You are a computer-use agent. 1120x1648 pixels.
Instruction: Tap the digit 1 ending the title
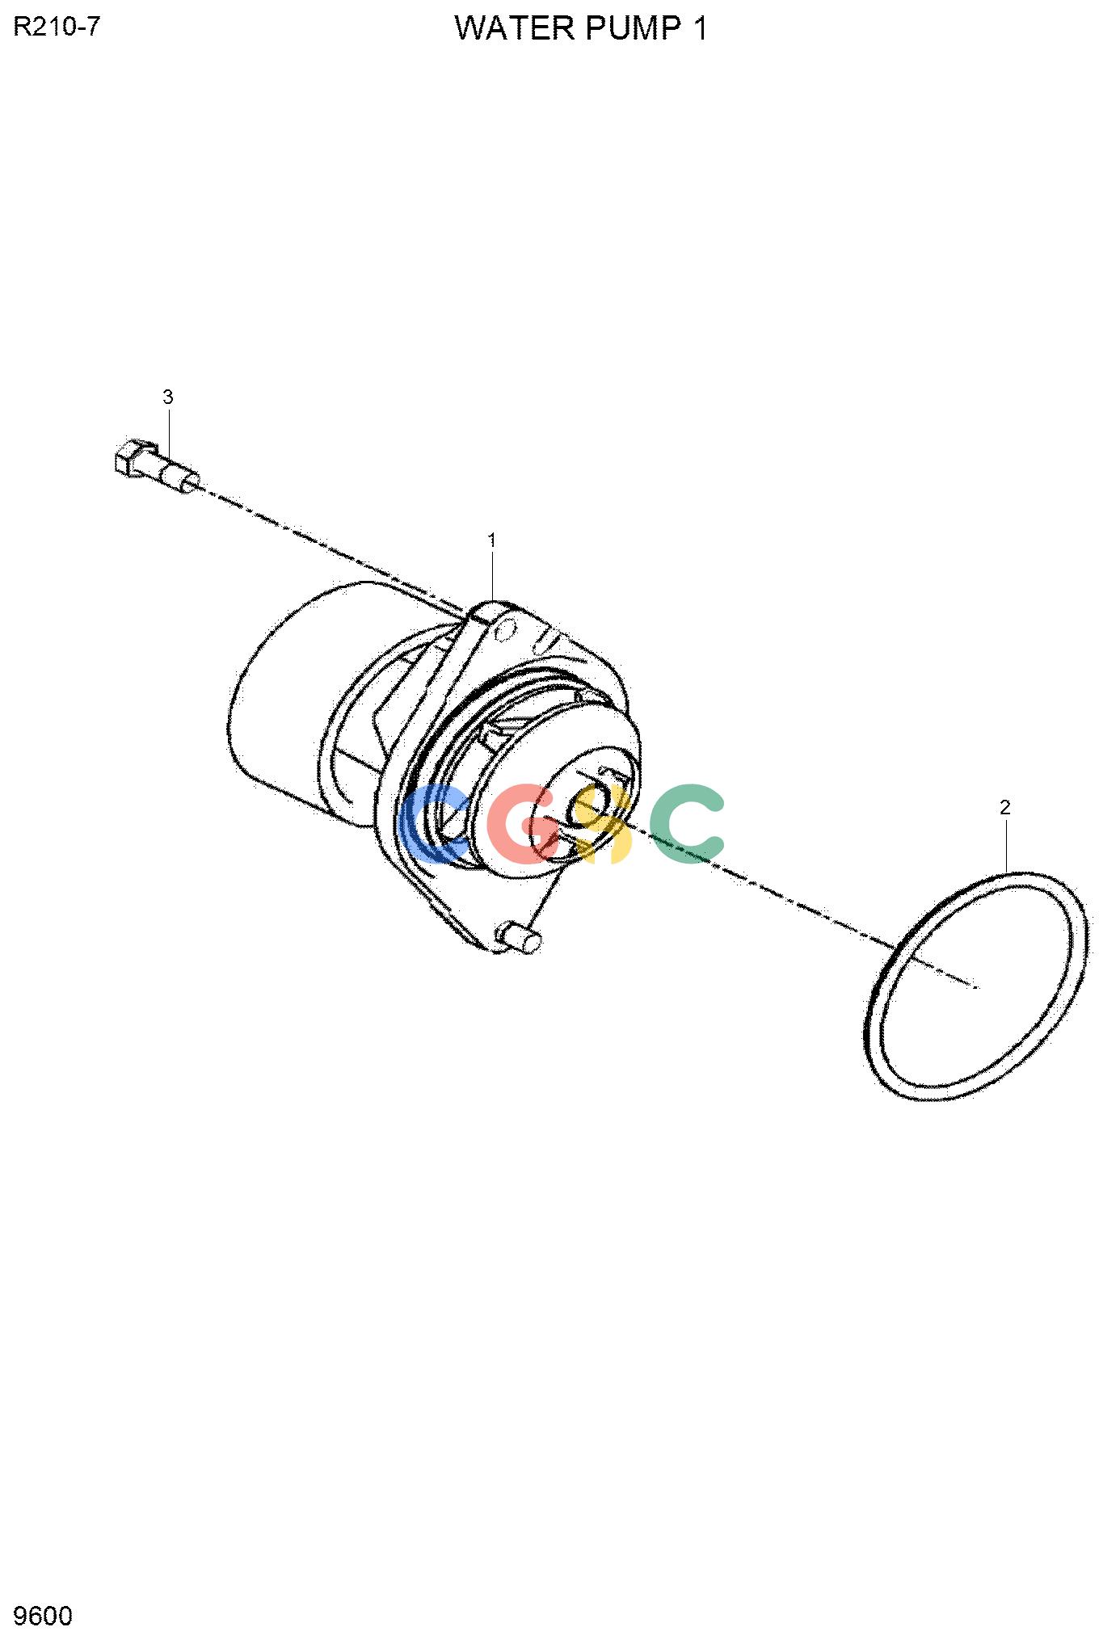click(x=698, y=29)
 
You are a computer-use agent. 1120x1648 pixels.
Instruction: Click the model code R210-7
click(x=57, y=27)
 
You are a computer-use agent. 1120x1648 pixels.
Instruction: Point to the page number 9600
click(x=44, y=1616)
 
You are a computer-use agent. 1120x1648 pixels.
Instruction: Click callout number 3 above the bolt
click(x=168, y=397)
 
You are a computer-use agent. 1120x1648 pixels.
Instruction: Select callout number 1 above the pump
click(x=491, y=540)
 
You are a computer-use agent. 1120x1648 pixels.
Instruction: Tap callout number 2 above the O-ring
click(x=1005, y=806)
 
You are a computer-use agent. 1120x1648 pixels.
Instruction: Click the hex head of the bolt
click(x=131, y=458)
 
